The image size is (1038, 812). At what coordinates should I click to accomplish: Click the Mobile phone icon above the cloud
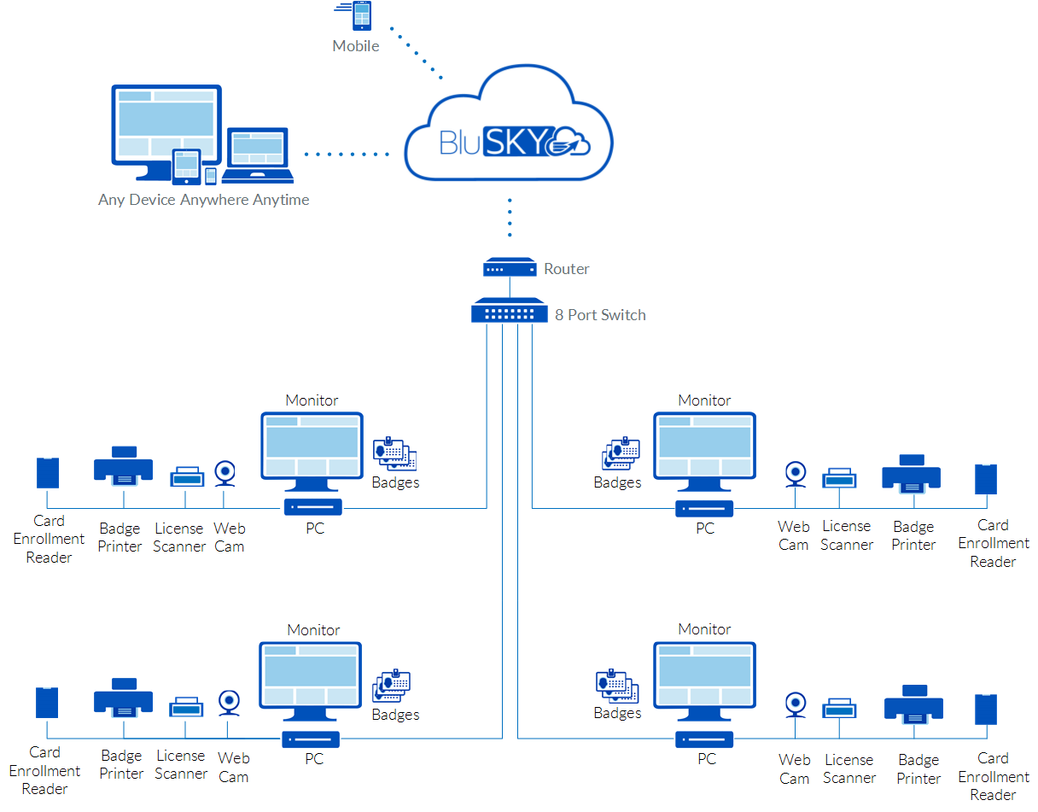(361, 16)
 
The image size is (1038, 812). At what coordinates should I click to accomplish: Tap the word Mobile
(356, 46)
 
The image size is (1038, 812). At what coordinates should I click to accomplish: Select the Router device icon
(509, 268)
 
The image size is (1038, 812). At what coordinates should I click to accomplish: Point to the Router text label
(567, 269)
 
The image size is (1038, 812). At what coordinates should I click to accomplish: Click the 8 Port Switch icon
(509, 311)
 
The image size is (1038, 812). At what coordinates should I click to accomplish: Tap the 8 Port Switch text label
(600, 315)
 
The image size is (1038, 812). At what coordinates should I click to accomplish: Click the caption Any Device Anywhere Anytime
(203, 200)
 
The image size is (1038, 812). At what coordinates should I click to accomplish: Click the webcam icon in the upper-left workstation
(225, 472)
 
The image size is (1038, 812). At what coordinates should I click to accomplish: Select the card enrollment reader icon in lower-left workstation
(46, 702)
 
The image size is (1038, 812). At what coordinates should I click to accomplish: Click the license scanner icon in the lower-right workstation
(839, 708)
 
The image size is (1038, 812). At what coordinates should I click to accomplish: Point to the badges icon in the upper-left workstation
(394, 453)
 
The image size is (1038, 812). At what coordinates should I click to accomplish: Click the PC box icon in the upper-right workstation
(704, 509)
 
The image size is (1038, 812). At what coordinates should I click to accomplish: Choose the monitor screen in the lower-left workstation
(311, 675)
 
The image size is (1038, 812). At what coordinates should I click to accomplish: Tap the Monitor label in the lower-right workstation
(704, 629)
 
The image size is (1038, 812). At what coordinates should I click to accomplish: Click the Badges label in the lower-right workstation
(617, 713)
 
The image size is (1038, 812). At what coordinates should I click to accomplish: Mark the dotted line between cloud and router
(510, 218)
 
